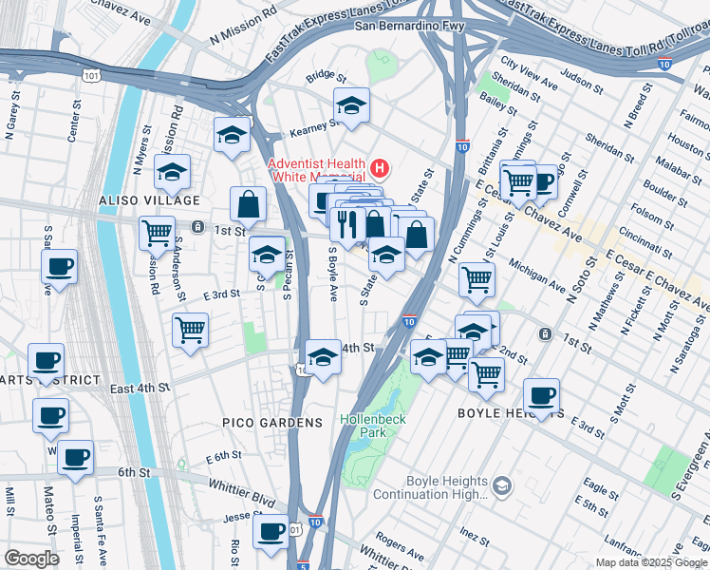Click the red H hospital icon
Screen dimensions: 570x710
point(380,169)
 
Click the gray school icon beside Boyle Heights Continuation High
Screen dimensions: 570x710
point(502,487)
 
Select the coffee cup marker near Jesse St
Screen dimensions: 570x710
point(271,530)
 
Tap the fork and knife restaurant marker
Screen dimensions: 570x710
point(347,223)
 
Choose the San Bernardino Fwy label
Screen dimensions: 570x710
point(409,26)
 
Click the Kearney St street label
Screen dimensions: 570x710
point(306,125)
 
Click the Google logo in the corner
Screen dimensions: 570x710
point(31,559)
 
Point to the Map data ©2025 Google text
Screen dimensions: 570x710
point(651,562)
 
